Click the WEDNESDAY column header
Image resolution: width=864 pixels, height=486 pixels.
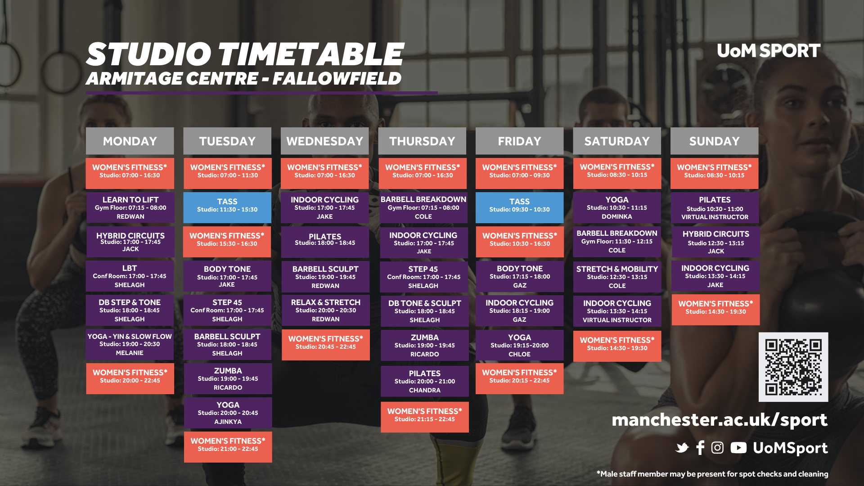tap(324, 141)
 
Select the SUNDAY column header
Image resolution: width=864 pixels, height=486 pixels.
tap(714, 141)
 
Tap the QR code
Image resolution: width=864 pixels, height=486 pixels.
tap(793, 367)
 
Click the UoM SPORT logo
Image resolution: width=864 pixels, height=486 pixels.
tap(769, 51)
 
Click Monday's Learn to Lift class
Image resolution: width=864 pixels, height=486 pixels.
tap(130, 207)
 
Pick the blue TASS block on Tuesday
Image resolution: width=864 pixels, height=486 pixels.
tap(227, 207)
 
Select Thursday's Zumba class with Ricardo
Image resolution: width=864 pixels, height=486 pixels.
tap(424, 345)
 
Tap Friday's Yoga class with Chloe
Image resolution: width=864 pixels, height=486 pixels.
tap(519, 345)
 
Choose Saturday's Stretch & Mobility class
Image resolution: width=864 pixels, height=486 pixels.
tap(617, 277)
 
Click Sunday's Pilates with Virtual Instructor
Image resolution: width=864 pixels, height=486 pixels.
tap(715, 208)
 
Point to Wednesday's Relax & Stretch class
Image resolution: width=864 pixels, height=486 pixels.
tap(326, 310)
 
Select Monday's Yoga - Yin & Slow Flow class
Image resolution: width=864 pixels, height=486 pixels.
tap(130, 344)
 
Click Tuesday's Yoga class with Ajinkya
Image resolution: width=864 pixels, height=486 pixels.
tap(228, 413)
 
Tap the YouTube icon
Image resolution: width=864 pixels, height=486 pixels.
tap(738, 448)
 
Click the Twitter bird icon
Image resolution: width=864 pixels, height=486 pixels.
tap(682, 448)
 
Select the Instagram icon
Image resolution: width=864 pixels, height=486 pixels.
tap(717, 448)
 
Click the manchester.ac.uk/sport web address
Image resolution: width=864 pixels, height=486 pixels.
tap(720, 420)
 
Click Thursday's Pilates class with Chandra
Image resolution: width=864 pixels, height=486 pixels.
tap(424, 381)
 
